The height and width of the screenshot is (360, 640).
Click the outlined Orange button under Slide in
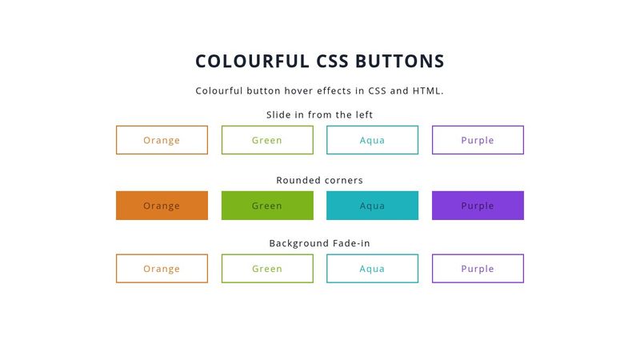[162, 140]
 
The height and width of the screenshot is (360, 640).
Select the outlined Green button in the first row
[267, 140]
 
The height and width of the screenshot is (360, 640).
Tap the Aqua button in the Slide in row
[372, 140]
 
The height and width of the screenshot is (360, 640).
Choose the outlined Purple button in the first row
[478, 140]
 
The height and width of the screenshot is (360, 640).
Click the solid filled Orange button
[162, 206]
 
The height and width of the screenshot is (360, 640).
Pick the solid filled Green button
[267, 206]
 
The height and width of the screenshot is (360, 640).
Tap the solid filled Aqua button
[372, 206]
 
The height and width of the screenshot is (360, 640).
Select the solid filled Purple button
[478, 206]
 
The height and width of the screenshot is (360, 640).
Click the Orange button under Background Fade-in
[162, 269]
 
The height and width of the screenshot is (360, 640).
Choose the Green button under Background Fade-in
[267, 269]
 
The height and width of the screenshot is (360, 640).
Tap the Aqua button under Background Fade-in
[372, 269]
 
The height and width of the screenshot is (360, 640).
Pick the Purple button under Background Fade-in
[478, 269]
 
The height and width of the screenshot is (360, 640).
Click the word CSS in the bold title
[332, 62]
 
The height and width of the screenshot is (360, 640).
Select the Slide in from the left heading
[320, 114]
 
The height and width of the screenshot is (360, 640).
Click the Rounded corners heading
[320, 180]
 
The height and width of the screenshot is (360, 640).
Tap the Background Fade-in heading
[320, 243]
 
